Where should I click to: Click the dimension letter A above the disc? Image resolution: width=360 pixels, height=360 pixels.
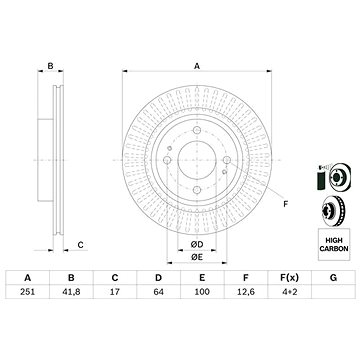point(196,65)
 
